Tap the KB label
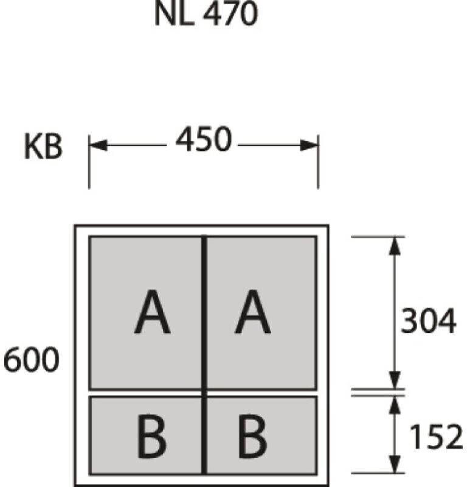coord(43,147)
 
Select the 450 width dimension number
coord(204,139)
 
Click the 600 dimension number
coord(31,359)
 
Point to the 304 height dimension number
coord(429,321)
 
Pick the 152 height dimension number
coord(436,436)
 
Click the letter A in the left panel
coord(153,312)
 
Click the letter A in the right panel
coord(252,312)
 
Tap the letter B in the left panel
coord(151,436)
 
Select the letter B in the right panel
coord(252,436)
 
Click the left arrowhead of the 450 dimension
coord(98,145)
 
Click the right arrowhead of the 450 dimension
coord(309,145)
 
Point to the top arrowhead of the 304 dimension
coord(394,246)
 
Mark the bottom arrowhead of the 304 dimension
coord(394,380)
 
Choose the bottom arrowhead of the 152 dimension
coord(394,464)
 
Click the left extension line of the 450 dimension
coord(89,161)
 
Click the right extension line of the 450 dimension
coord(318,161)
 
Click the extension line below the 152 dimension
coord(378,474)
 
